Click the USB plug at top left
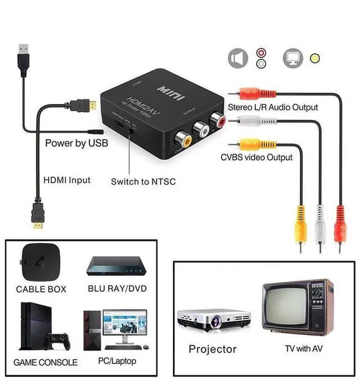pyautogui.click(x=22, y=57)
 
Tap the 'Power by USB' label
pyautogui.click(x=76, y=143)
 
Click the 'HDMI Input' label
pyautogui.click(x=66, y=180)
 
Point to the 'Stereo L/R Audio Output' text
pyautogui.click(x=273, y=107)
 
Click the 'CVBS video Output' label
pyautogui.click(x=256, y=157)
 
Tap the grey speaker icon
pyautogui.click(x=237, y=58)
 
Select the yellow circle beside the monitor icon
pyautogui.click(x=315, y=58)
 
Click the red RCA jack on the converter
pyautogui.click(x=217, y=120)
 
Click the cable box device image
pyautogui.click(x=40, y=262)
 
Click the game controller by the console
pyautogui.click(x=57, y=340)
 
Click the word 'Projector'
pyautogui.click(x=213, y=349)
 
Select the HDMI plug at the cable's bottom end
pyautogui.click(x=38, y=217)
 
